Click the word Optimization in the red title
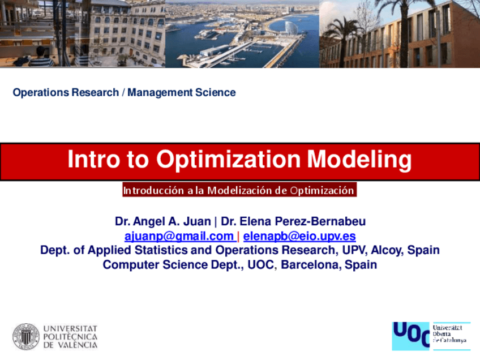[228, 160]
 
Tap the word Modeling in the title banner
[359, 160]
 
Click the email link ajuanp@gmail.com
[179, 236]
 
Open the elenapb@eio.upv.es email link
[299, 236]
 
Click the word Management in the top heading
[160, 92]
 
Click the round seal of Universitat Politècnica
[26, 336]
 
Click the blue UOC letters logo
[411, 335]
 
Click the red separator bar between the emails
[238, 237]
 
